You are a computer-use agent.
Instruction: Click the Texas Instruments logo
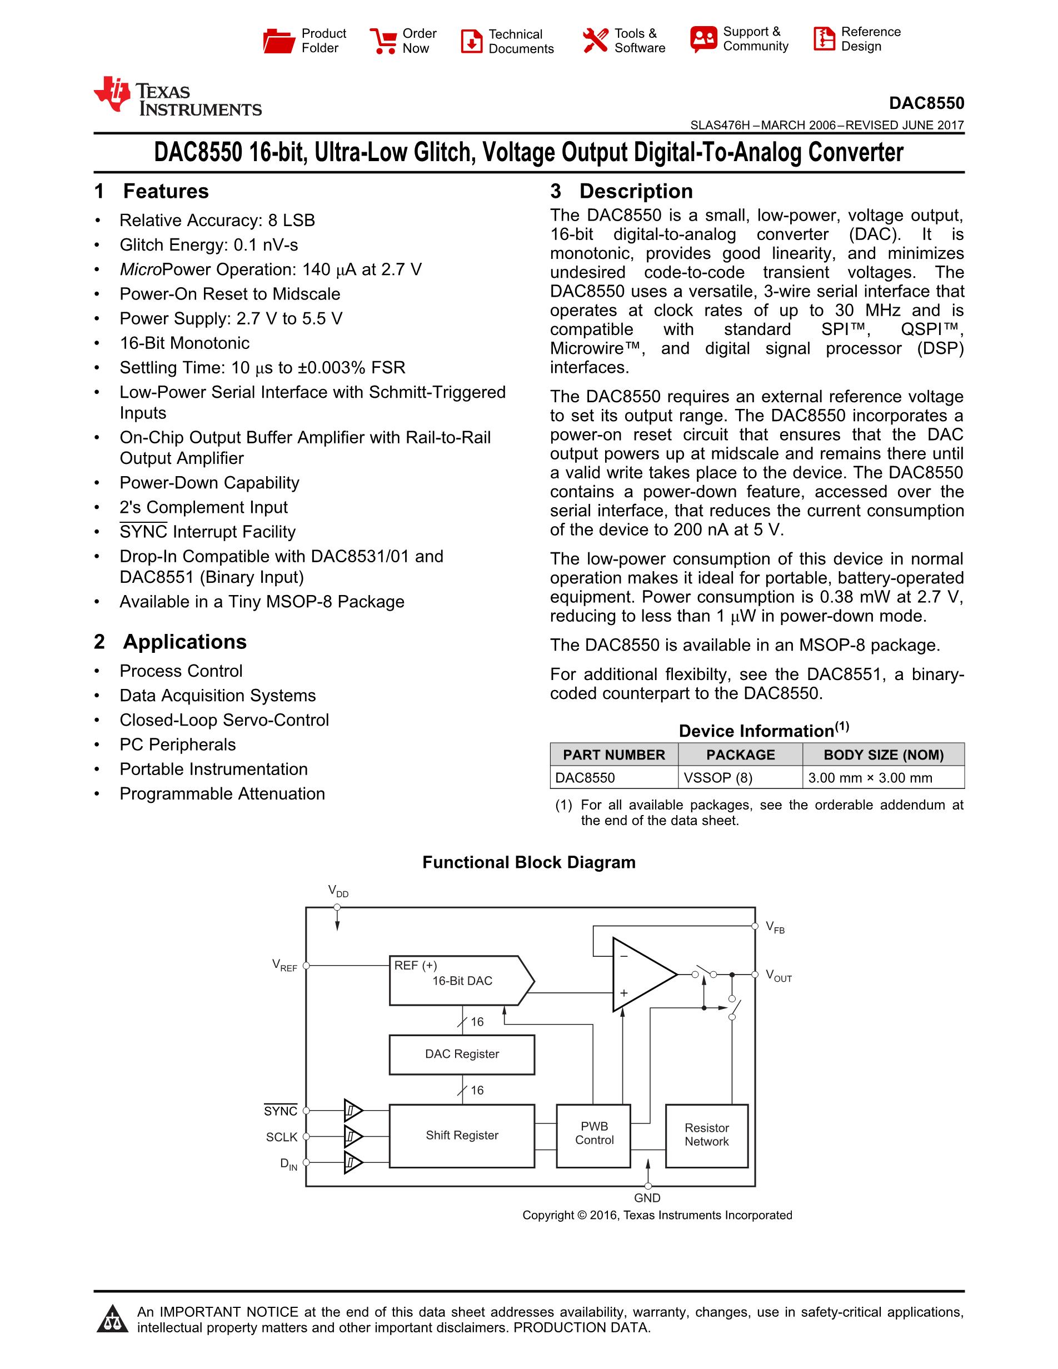pos(177,98)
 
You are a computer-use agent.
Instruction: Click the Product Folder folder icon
pos(278,41)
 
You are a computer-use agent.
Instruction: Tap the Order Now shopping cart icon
pos(383,41)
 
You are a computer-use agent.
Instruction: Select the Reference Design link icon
pos(824,39)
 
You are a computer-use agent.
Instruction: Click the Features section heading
pos(166,191)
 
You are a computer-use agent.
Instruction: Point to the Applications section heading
pos(184,642)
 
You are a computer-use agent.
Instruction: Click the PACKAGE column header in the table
pos(740,755)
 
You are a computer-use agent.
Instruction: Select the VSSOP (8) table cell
pos(718,778)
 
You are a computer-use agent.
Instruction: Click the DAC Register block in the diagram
pos(462,1055)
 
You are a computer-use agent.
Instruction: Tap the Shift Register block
pos(462,1135)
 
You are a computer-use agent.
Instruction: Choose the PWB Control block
pos(593,1133)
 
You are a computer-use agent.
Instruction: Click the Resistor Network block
pos(706,1135)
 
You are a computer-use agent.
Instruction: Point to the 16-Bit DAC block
pos(462,981)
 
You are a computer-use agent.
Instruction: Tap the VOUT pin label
pos(778,976)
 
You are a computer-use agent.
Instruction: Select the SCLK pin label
pos(281,1137)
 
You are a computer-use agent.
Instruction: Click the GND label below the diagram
pos(647,1198)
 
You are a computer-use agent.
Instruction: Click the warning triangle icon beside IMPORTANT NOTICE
pos(113,1320)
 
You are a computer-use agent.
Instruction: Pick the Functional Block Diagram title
pos(529,862)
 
